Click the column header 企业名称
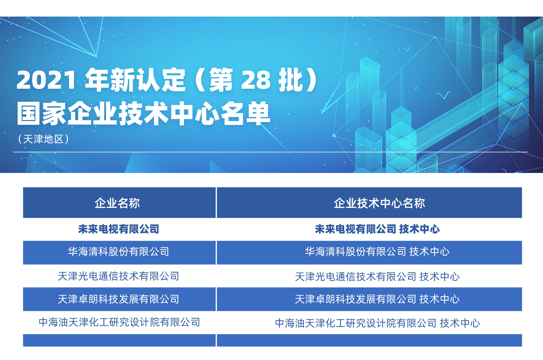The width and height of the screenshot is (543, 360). coord(117,203)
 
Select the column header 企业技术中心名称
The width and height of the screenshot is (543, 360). coord(379,203)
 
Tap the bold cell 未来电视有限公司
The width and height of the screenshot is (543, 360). coord(118,229)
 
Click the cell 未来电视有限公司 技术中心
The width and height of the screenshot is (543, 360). coord(377,229)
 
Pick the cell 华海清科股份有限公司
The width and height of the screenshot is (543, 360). coord(118,252)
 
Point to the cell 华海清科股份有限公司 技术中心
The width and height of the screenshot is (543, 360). coord(377,252)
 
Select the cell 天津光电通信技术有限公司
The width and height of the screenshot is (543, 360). coord(118,276)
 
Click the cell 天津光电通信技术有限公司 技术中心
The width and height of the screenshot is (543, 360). coord(377,277)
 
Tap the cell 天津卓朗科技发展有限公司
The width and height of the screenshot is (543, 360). coord(118,299)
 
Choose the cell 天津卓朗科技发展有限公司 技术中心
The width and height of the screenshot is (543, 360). coord(377,299)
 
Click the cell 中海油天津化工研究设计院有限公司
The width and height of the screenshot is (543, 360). coord(119,322)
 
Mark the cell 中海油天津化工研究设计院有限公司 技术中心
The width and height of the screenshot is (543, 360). coord(377,323)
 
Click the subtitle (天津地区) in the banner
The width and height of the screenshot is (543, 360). coord(43,139)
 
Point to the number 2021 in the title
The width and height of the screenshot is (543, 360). coord(47,80)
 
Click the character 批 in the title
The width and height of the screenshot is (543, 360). coord(290,80)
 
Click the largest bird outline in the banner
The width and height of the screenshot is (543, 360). coord(444,95)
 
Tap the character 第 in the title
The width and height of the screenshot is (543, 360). coord(221,80)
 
